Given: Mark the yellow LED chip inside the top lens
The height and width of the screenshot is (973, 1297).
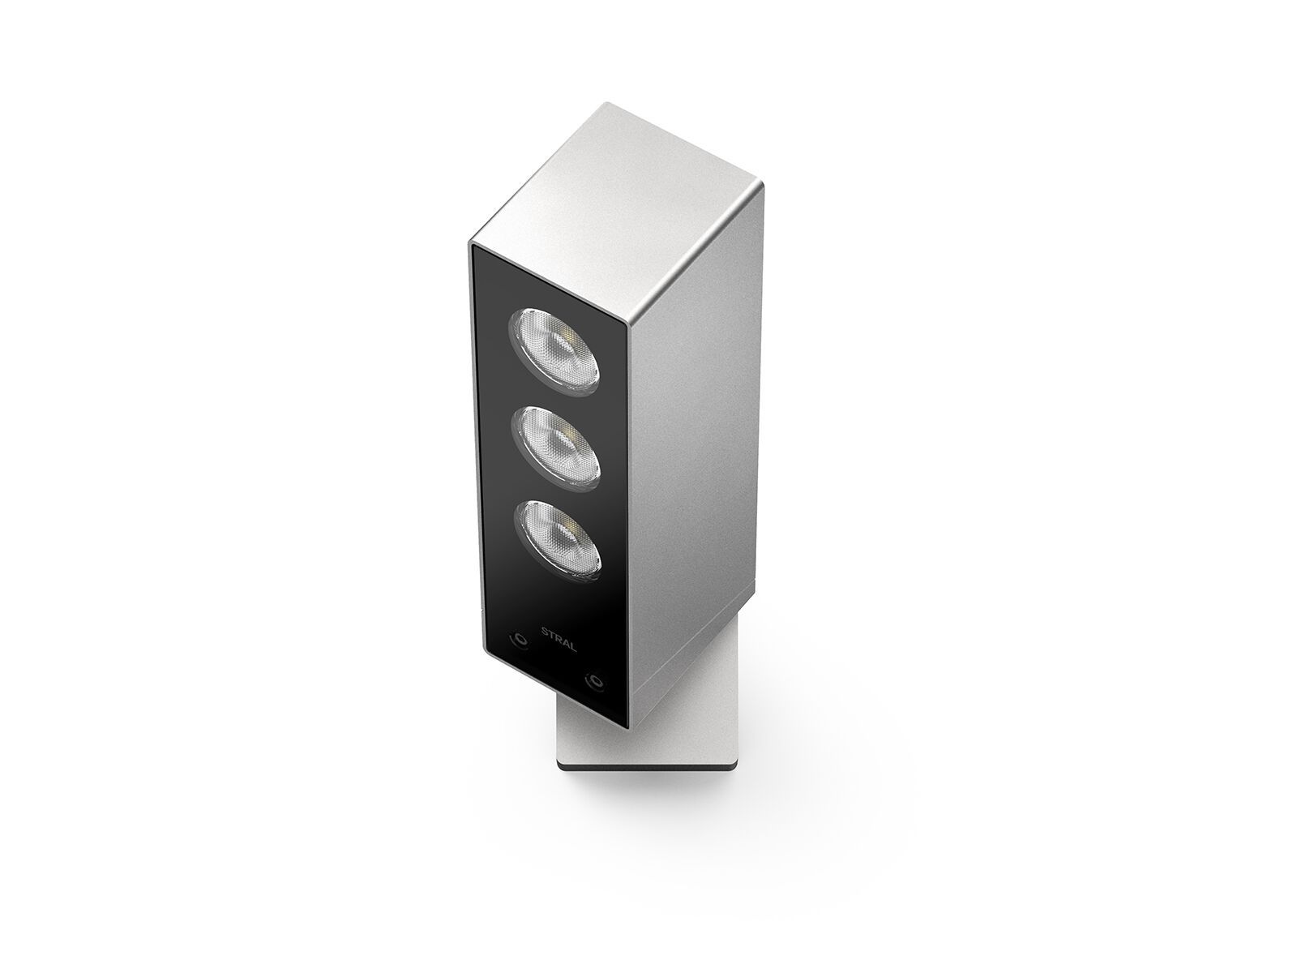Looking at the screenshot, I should pyautogui.click(x=571, y=339).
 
